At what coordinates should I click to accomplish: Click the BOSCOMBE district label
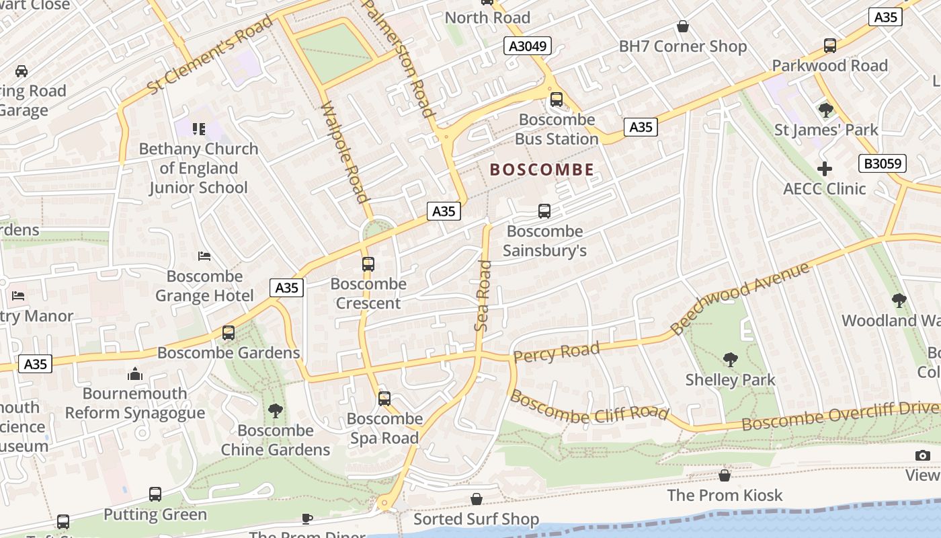[x=542, y=169]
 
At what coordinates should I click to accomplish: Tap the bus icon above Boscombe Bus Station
[x=557, y=100]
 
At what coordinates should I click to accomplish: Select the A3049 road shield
[x=528, y=46]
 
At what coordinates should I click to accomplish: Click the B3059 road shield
[x=883, y=163]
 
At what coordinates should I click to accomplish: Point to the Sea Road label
[x=483, y=296]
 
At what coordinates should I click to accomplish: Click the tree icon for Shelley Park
[x=731, y=360]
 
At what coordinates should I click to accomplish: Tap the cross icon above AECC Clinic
[x=825, y=169]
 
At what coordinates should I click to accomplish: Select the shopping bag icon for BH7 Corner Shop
[x=683, y=26]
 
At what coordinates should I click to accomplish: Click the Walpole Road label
[x=345, y=153]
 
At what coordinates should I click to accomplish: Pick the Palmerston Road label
[x=399, y=59]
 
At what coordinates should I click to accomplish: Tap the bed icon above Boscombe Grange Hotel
[x=204, y=256]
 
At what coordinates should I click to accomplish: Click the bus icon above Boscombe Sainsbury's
[x=544, y=211]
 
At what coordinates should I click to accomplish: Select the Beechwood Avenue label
[x=740, y=299]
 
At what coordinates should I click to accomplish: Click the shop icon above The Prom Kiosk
[x=725, y=475]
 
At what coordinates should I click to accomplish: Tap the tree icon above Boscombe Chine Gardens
[x=275, y=410]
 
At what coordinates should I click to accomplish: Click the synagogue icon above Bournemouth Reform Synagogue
[x=135, y=373]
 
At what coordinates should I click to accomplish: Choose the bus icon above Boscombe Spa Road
[x=384, y=399]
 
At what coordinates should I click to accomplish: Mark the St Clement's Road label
[x=210, y=55]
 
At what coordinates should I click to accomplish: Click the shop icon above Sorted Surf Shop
[x=476, y=499]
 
